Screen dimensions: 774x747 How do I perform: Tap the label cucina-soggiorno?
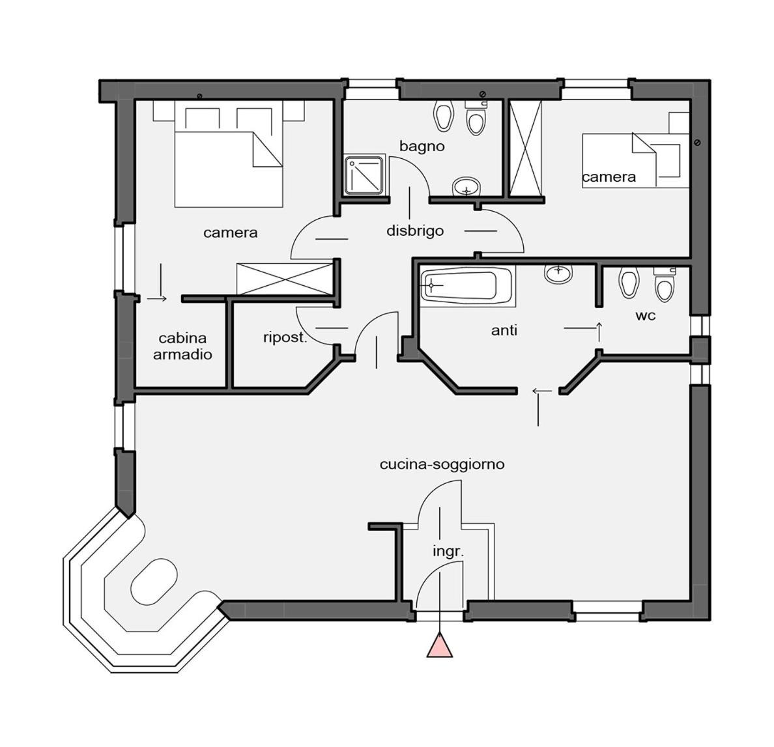pyautogui.click(x=442, y=465)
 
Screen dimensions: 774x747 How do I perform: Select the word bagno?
pyautogui.click(x=422, y=147)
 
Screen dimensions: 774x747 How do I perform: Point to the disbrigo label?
pyautogui.click(x=415, y=231)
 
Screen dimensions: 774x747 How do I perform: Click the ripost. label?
pyautogui.click(x=285, y=338)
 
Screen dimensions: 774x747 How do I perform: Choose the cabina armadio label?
pyautogui.click(x=182, y=346)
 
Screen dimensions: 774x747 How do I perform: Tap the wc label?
pyautogui.click(x=645, y=316)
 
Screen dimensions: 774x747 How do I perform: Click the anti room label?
pyautogui.click(x=504, y=331)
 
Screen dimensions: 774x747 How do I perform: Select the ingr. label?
pyautogui.click(x=448, y=552)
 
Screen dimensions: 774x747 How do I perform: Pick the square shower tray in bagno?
pyautogui.click(x=364, y=176)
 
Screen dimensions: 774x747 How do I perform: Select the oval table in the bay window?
pyautogui.click(x=154, y=581)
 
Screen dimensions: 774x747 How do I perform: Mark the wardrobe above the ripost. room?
pyautogui.click(x=285, y=279)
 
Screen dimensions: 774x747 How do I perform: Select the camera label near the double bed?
pyautogui.click(x=231, y=233)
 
